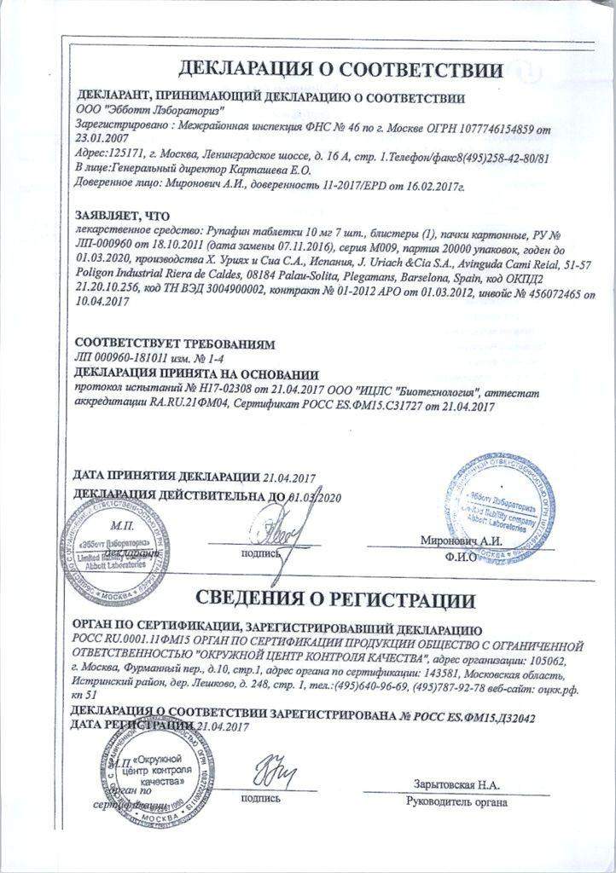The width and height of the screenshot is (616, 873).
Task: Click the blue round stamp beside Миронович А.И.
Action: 501,504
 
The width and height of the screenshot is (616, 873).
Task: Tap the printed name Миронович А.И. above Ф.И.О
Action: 458,541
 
